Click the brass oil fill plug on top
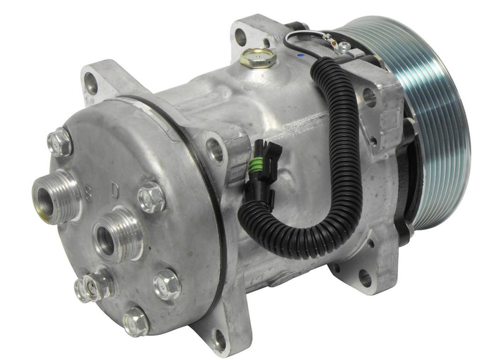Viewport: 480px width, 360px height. click(x=254, y=57)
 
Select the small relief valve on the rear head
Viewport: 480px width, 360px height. click(x=92, y=285)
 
